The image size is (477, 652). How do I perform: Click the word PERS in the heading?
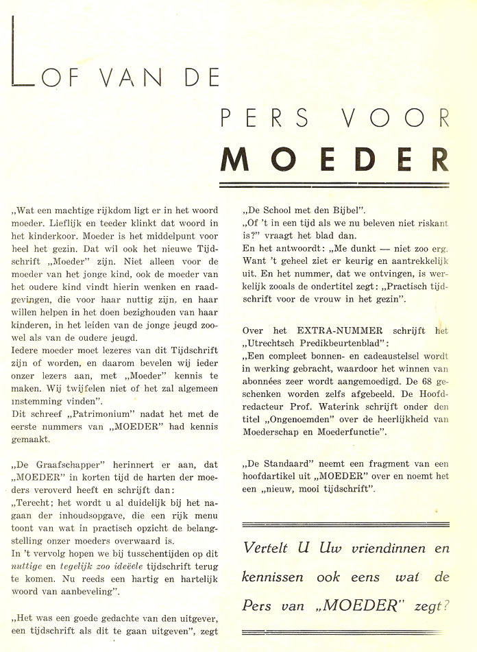265,118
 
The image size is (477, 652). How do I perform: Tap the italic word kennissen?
272,578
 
